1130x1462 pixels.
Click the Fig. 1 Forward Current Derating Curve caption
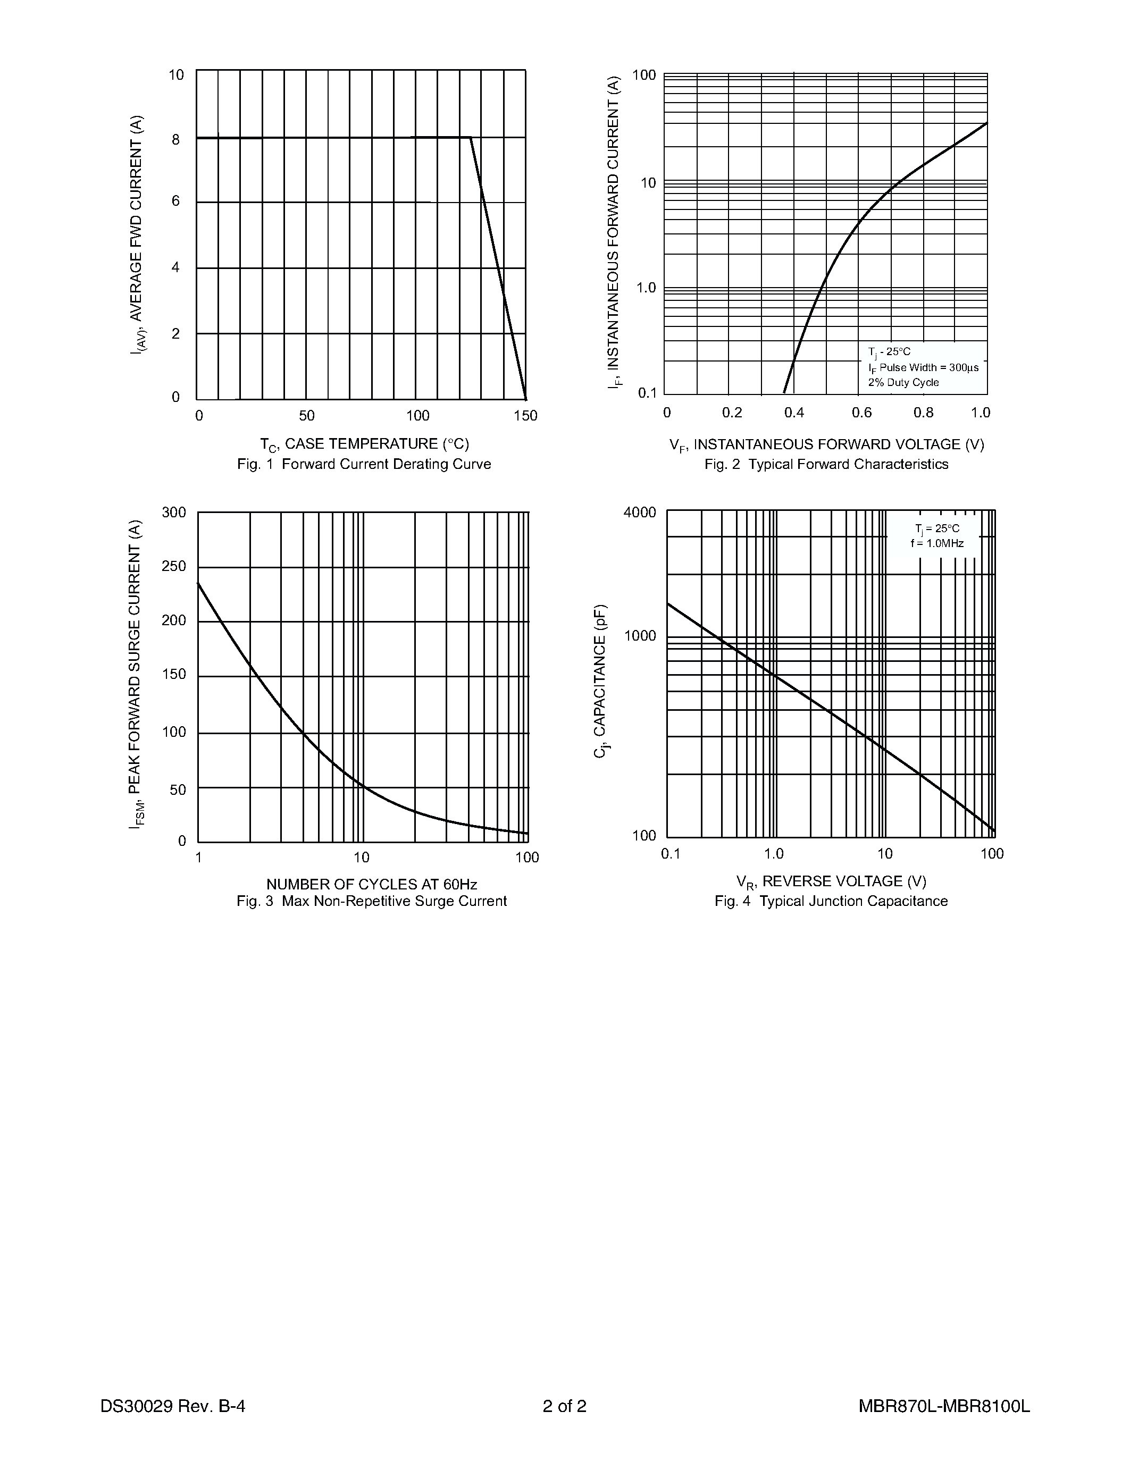point(364,464)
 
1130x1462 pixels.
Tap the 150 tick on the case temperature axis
point(525,416)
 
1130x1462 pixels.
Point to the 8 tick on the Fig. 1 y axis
point(175,140)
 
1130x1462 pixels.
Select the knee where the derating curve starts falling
point(471,137)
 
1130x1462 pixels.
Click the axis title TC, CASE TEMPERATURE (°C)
point(364,444)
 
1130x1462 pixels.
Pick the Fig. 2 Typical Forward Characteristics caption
point(826,464)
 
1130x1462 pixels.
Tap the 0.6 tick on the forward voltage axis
point(861,413)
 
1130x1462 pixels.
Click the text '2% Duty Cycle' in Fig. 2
point(903,382)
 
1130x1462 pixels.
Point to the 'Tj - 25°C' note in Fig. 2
point(889,352)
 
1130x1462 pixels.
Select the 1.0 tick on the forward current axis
point(646,288)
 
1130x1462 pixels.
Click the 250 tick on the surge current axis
point(174,566)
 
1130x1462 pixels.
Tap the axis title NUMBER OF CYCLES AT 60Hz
point(372,884)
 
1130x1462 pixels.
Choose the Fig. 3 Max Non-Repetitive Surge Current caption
point(372,901)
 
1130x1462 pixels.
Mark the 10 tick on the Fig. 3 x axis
point(362,858)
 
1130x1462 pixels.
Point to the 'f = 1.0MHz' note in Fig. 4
point(937,543)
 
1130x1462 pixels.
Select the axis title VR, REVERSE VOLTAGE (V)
point(832,881)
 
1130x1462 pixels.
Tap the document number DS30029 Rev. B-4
point(173,1406)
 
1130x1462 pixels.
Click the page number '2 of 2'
point(564,1406)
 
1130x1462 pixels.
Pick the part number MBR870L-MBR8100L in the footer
point(944,1406)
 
